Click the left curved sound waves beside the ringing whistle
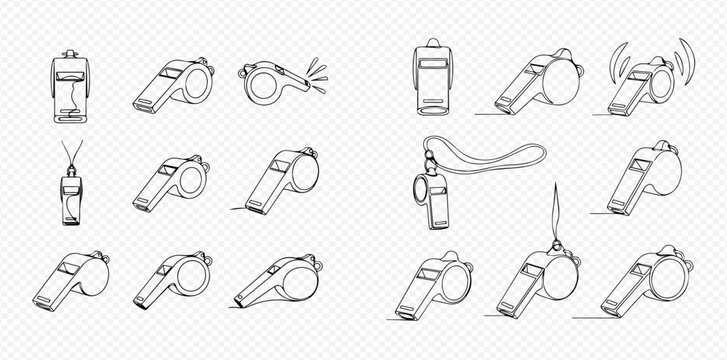(x=611, y=68)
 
